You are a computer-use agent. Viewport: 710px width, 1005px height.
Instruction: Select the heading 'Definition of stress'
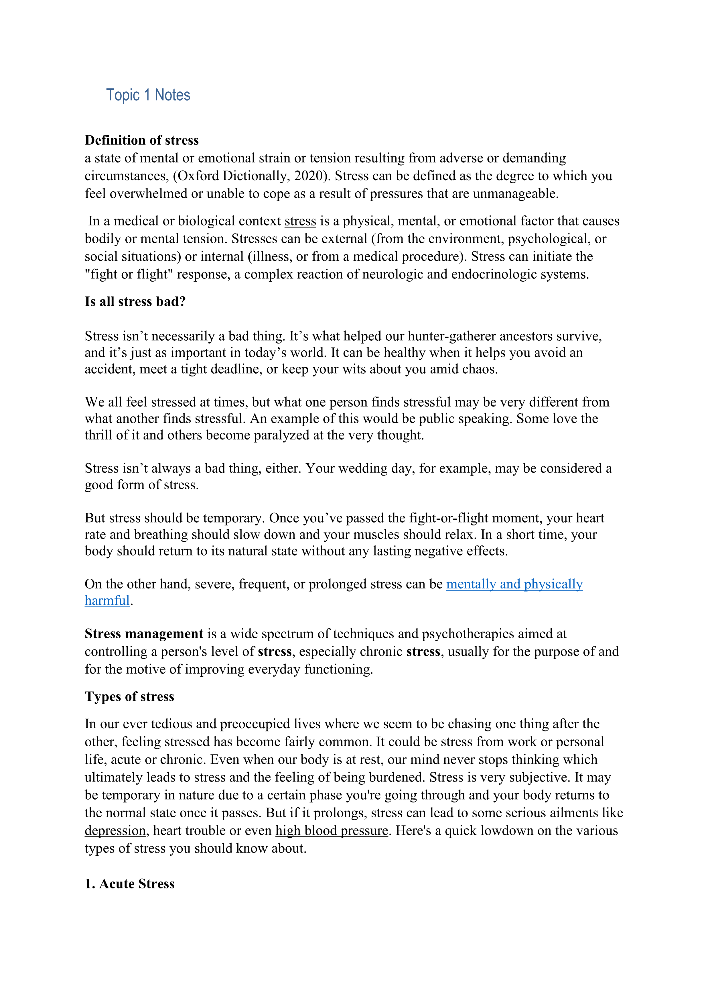(142, 140)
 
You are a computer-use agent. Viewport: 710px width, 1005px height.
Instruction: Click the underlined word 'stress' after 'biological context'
(300, 221)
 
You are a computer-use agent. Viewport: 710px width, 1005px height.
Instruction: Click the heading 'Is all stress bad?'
(135, 302)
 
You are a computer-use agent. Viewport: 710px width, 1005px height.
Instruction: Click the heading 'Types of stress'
(129, 696)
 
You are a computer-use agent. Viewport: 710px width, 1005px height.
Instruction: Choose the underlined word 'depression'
(115, 831)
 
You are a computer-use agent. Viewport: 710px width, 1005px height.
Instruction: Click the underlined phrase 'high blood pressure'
(332, 831)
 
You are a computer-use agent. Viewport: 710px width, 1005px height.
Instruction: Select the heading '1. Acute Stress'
(129, 884)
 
